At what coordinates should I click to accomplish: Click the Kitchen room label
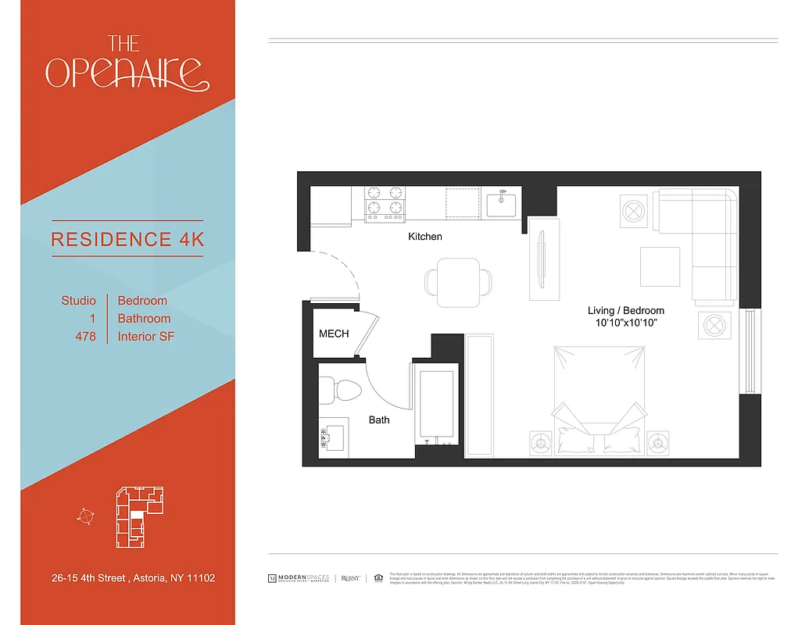pyautogui.click(x=425, y=236)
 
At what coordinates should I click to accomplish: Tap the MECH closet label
pyautogui.click(x=333, y=334)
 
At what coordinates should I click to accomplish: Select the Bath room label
pyautogui.click(x=379, y=420)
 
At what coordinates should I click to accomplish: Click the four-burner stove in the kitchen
pyautogui.click(x=385, y=202)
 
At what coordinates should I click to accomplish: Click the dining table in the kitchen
pyautogui.click(x=460, y=282)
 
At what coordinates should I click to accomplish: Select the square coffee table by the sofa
pyautogui.click(x=660, y=267)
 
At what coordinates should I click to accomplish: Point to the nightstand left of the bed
pyautogui.click(x=539, y=443)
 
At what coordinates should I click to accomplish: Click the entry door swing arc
pyautogui.click(x=344, y=270)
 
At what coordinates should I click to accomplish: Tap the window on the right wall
pyautogui.click(x=750, y=351)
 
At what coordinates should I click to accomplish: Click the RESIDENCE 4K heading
pyautogui.click(x=127, y=239)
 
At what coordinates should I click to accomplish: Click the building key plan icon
pyautogui.click(x=139, y=515)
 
